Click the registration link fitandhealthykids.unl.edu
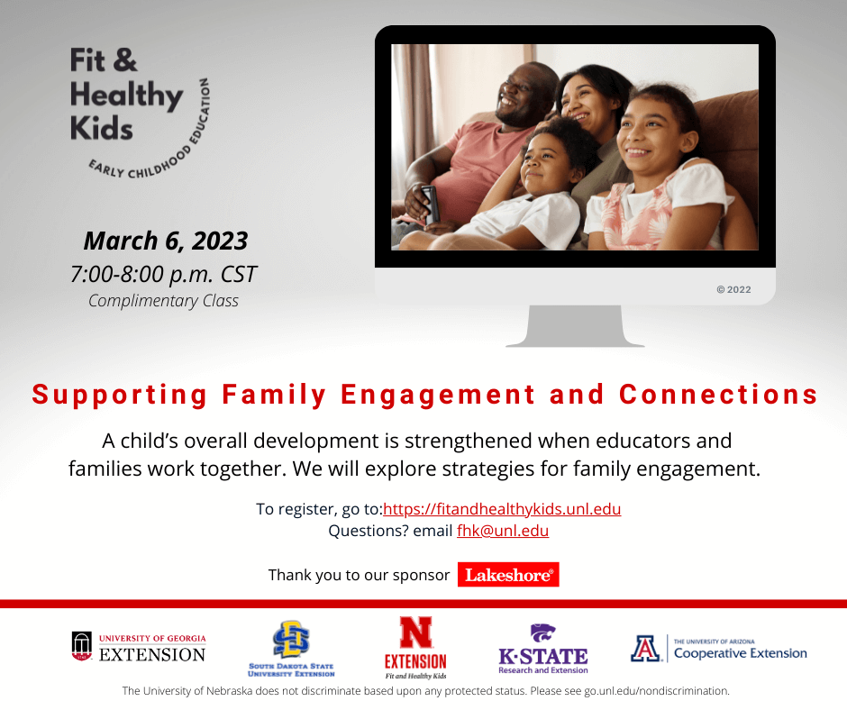click(x=502, y=509)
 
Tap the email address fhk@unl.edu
click(x=503, y=531)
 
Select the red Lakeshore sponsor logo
click(x=508, y=574)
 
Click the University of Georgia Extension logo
click(x=139, y=647)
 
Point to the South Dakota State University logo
click(x=291, y=649)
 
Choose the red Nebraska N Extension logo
click(x=415, y=647)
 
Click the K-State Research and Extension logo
click(x=542, y=649)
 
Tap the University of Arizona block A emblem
click(x=645, y=649)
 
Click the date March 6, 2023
click(x=166, y=241)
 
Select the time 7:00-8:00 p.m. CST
click(x=164, y=275)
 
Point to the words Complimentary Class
click(x=163, y=301)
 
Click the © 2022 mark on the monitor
click(x=733, y=289)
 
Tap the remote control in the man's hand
click(x=430, y=204)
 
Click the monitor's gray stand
click(x=575, y=326)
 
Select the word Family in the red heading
click(x=275, y=395)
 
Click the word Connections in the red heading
click(x=718, y=395)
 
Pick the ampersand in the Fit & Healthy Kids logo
click(x=125, y=59)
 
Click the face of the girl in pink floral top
click(x=644, y=133)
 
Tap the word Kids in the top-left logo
click(x=102, y=129)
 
